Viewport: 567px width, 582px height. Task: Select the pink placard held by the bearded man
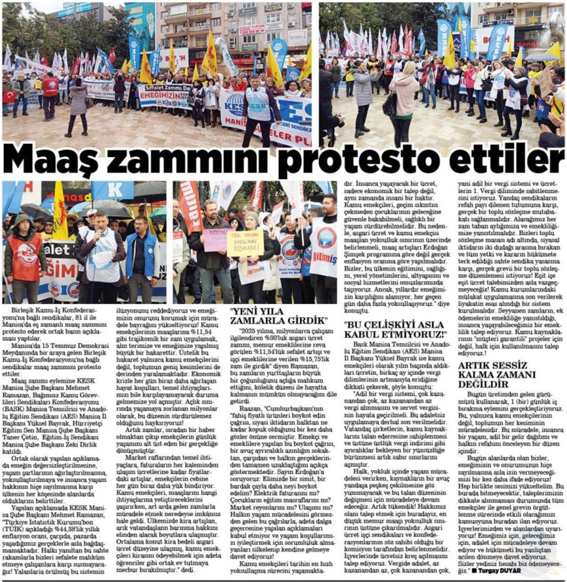[x=215, y=240]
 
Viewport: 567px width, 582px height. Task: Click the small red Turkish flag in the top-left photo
[x=9, y=97]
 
